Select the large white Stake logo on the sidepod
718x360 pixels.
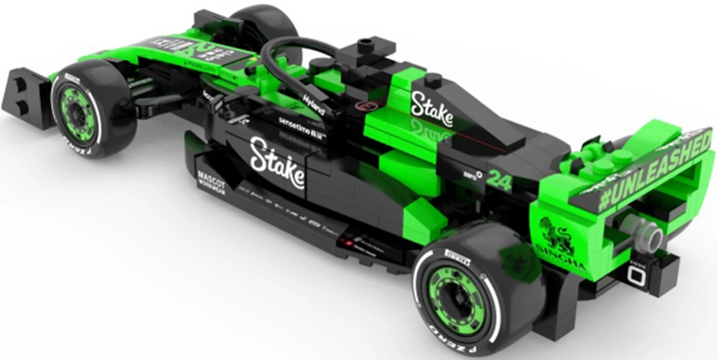pyautogui.click(x=276, y=159)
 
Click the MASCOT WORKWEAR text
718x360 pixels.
pyautogui.click(x=211, y=182)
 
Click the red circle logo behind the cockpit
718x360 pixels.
pyautogui.click(x=367, y=104)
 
